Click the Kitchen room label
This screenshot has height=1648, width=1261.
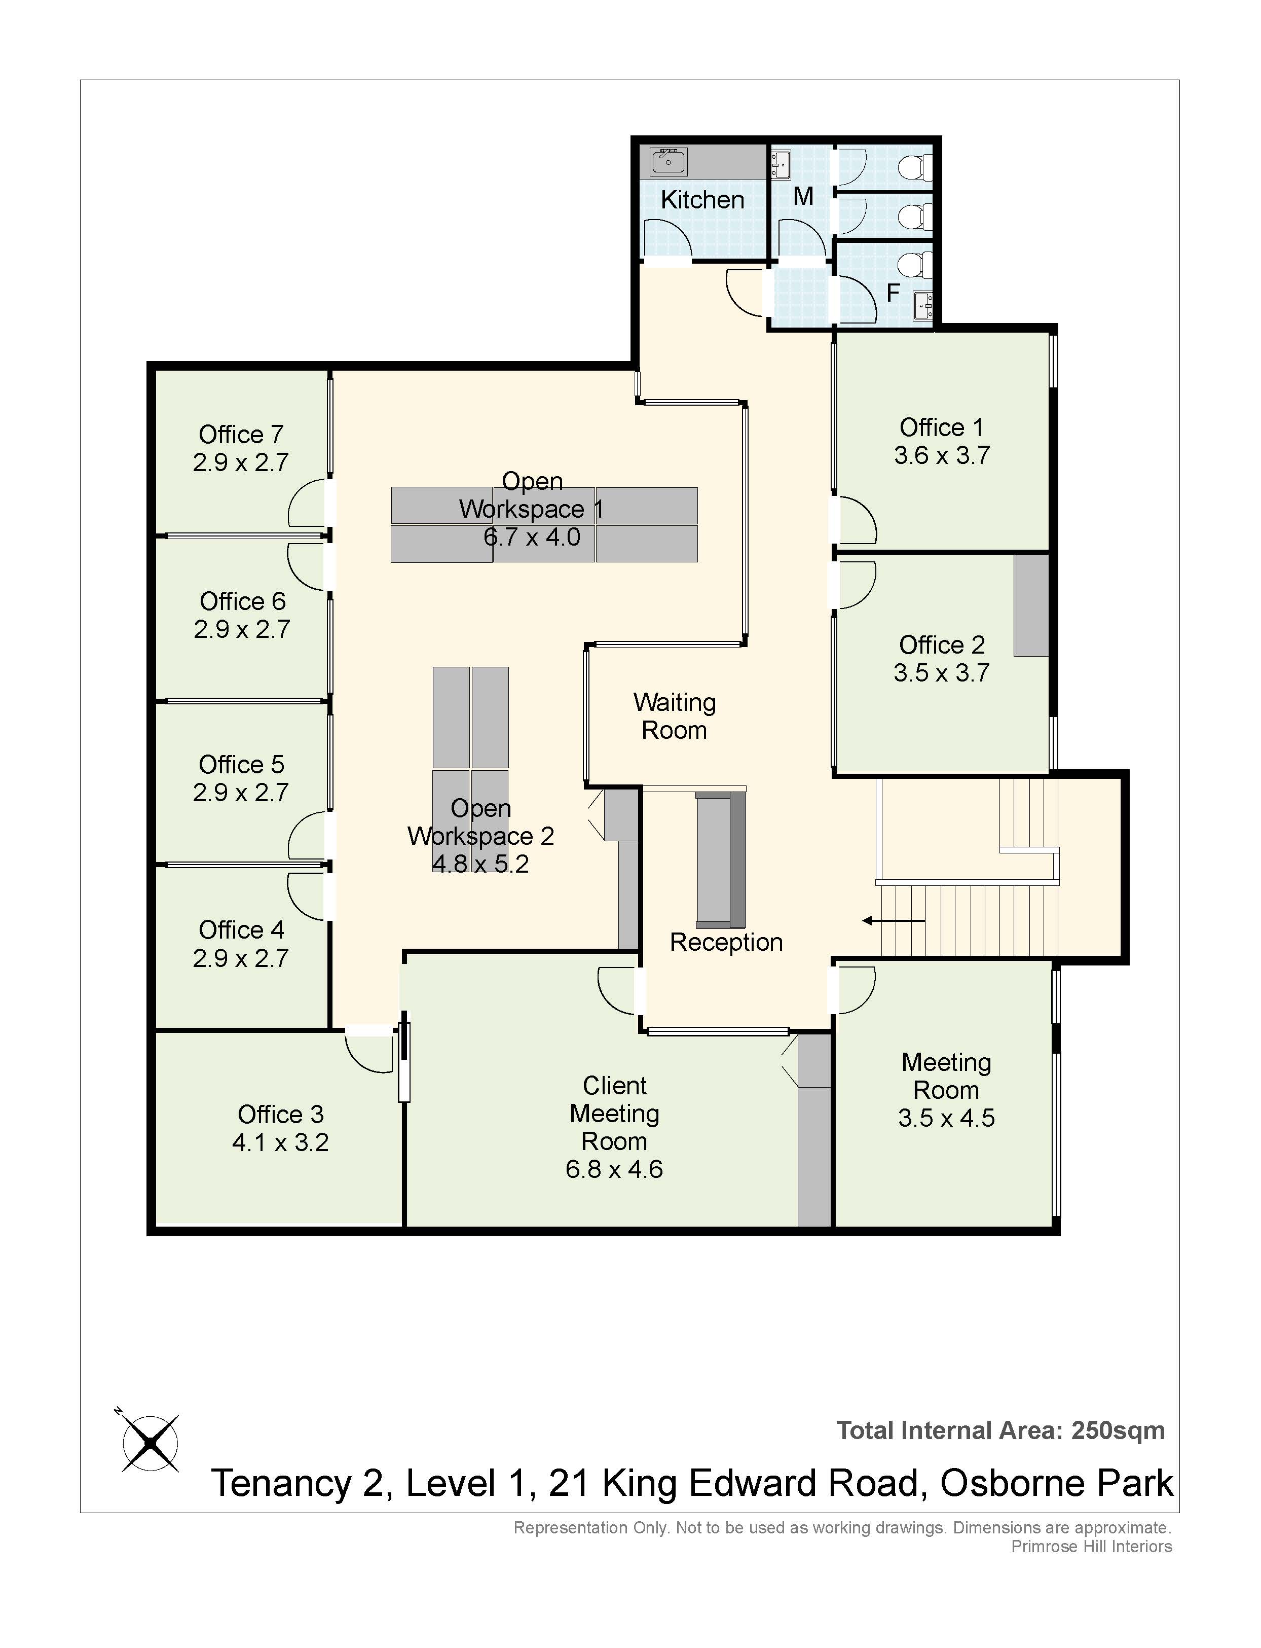(x=702, y=200)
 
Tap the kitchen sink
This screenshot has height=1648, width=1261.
(x=668, y=161)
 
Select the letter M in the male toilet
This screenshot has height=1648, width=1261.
(x=803, y=197)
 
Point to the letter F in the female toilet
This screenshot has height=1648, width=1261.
(x=893, y=293)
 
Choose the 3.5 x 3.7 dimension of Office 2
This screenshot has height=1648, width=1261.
(x=941, y=673)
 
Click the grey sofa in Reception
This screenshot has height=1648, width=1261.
(x=721, y=859)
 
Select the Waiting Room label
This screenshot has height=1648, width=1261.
(x=675, y=716)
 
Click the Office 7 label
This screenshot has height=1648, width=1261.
(x=241, y=434)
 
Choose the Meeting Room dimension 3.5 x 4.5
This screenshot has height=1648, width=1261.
(x=946, y=1118)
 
